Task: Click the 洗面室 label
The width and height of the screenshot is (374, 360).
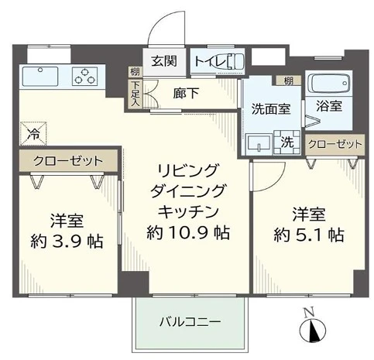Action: coord(271,110)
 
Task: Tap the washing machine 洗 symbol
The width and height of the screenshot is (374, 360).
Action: coord(286,142)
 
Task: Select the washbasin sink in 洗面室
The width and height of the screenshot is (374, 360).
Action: coord(259,142)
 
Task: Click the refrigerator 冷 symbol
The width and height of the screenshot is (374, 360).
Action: coord(33,133)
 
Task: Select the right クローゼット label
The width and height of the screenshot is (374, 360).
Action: coord(335,144)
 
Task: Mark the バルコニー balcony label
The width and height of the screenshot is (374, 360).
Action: coord(190,321)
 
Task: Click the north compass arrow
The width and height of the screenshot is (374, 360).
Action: coord(314,331)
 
